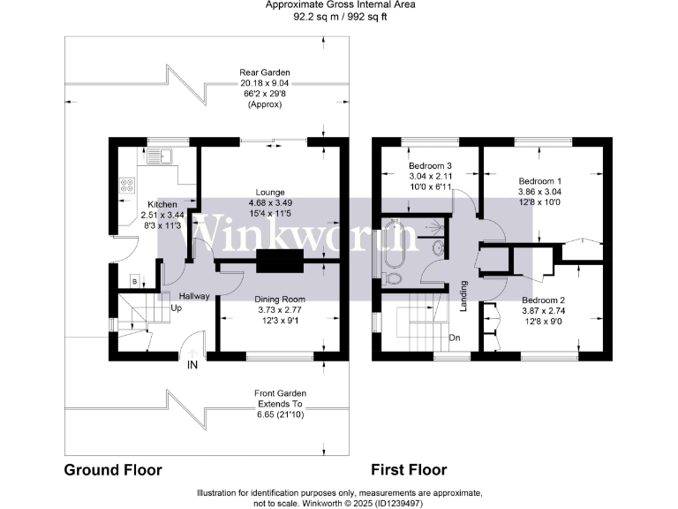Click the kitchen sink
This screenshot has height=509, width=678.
(x=161, y=157)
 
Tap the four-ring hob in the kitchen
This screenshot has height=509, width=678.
(x=125, y=187)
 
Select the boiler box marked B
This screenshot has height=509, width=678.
(x=134, y=282)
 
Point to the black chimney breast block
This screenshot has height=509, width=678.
(x=280, y=262)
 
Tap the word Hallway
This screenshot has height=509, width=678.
(x=193, y=296)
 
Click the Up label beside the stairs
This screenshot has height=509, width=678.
(x=177, y=309)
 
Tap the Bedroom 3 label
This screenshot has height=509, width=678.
(x=430, y=166)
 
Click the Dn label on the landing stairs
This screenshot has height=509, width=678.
(x=456, y=338)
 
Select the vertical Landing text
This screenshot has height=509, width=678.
(x=463, y=296)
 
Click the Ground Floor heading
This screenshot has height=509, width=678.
(x=114, y=470)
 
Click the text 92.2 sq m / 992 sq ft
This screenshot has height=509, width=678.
(x=338, y=15)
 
